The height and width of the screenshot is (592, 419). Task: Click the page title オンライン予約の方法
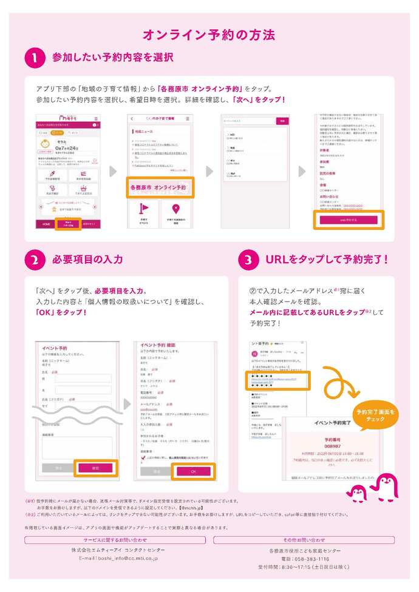209,34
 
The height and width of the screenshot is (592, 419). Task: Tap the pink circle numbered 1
34,58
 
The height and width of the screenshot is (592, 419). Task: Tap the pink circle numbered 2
34,260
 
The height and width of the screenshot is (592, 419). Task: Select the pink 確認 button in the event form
95,468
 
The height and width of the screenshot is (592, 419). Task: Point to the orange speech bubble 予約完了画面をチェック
376,415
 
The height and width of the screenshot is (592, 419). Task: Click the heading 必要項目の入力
87,260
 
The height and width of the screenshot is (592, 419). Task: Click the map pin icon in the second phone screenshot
175,209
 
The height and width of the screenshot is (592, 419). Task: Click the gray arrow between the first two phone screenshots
112,171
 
